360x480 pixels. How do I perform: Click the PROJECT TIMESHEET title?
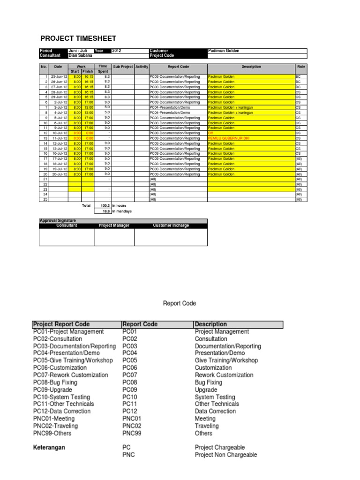(78, 38)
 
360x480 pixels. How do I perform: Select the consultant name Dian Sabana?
(81, 55)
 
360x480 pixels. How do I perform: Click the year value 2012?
(117, 51)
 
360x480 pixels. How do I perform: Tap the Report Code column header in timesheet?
(178, 67)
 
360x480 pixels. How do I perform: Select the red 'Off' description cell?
(210, 133)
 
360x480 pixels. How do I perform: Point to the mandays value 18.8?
(106, 211)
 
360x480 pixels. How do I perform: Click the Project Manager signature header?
(114, 225)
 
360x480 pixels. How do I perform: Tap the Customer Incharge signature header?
(171, 225)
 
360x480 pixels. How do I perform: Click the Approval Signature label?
(59, 220)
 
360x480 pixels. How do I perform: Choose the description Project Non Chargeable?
(226, 455)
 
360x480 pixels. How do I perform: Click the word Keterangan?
(49, 447)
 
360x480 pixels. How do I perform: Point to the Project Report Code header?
(61, 324)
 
